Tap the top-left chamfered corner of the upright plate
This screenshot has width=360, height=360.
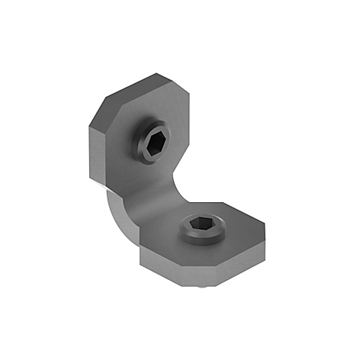click(106, 108)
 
